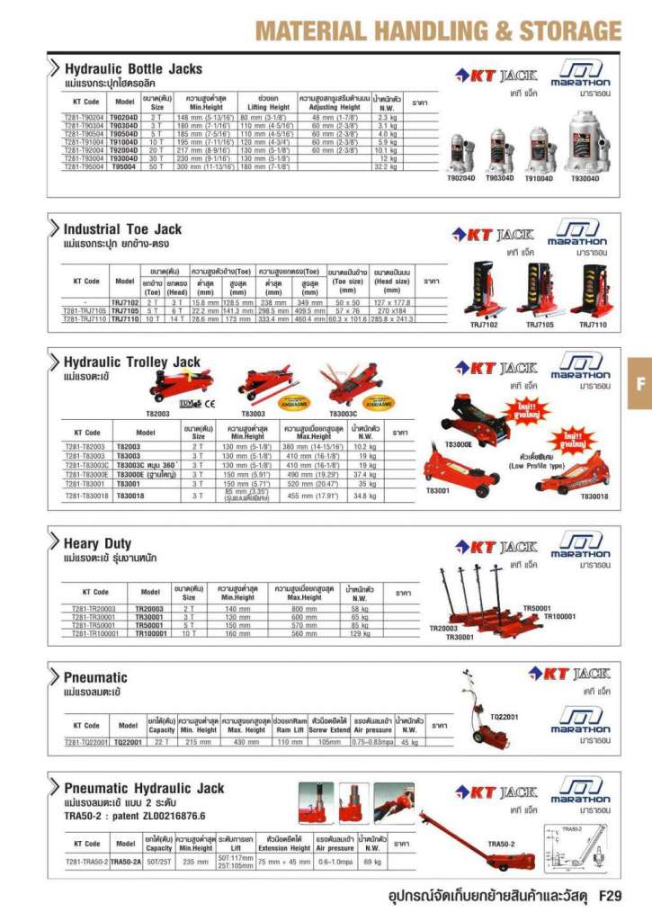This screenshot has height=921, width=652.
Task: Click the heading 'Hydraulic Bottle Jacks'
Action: point(132,68)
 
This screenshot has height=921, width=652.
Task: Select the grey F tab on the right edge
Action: point(640,383)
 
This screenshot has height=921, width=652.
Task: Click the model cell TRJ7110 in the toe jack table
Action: point(124,319)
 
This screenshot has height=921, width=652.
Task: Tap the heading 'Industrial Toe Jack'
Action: point(122,229)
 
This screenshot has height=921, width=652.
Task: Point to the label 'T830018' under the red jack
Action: point(594,496)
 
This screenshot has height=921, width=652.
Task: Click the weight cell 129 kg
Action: point(360,633)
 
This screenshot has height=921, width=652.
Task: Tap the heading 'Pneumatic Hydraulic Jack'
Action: point(144,788)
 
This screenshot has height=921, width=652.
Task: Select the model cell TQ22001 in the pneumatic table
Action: point(130,743)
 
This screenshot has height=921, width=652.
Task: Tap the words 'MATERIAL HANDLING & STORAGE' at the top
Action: point(437,31)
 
